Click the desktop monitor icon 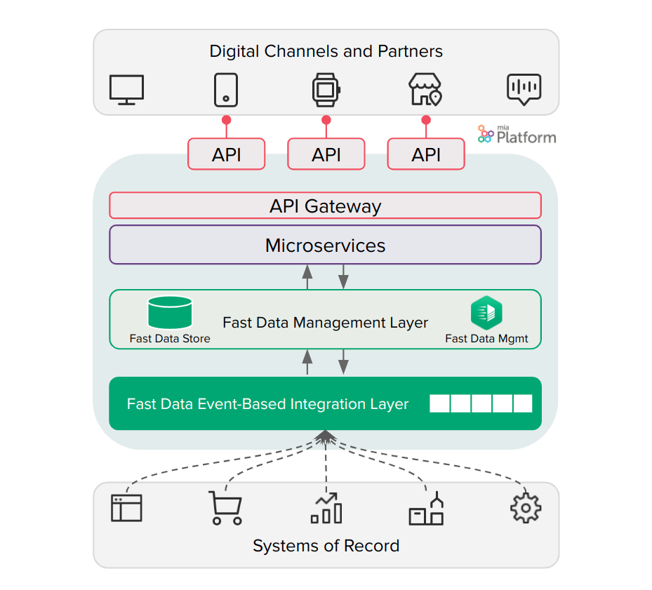[127, 90]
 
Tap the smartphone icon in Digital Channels [226, 90]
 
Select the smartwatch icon [326, 90]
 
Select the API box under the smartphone [226, 154]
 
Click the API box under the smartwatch [326, 154]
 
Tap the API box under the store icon [425, 154]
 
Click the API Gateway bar [325, 206]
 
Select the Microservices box [325, 245]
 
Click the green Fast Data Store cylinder [170, 312]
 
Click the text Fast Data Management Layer [325, 323]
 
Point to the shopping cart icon [226, 508]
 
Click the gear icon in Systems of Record [526, 507]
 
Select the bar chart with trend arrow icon [326, 508]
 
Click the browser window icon [126, 508]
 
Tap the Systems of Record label [326, 546]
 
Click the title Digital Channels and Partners [326, 51]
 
